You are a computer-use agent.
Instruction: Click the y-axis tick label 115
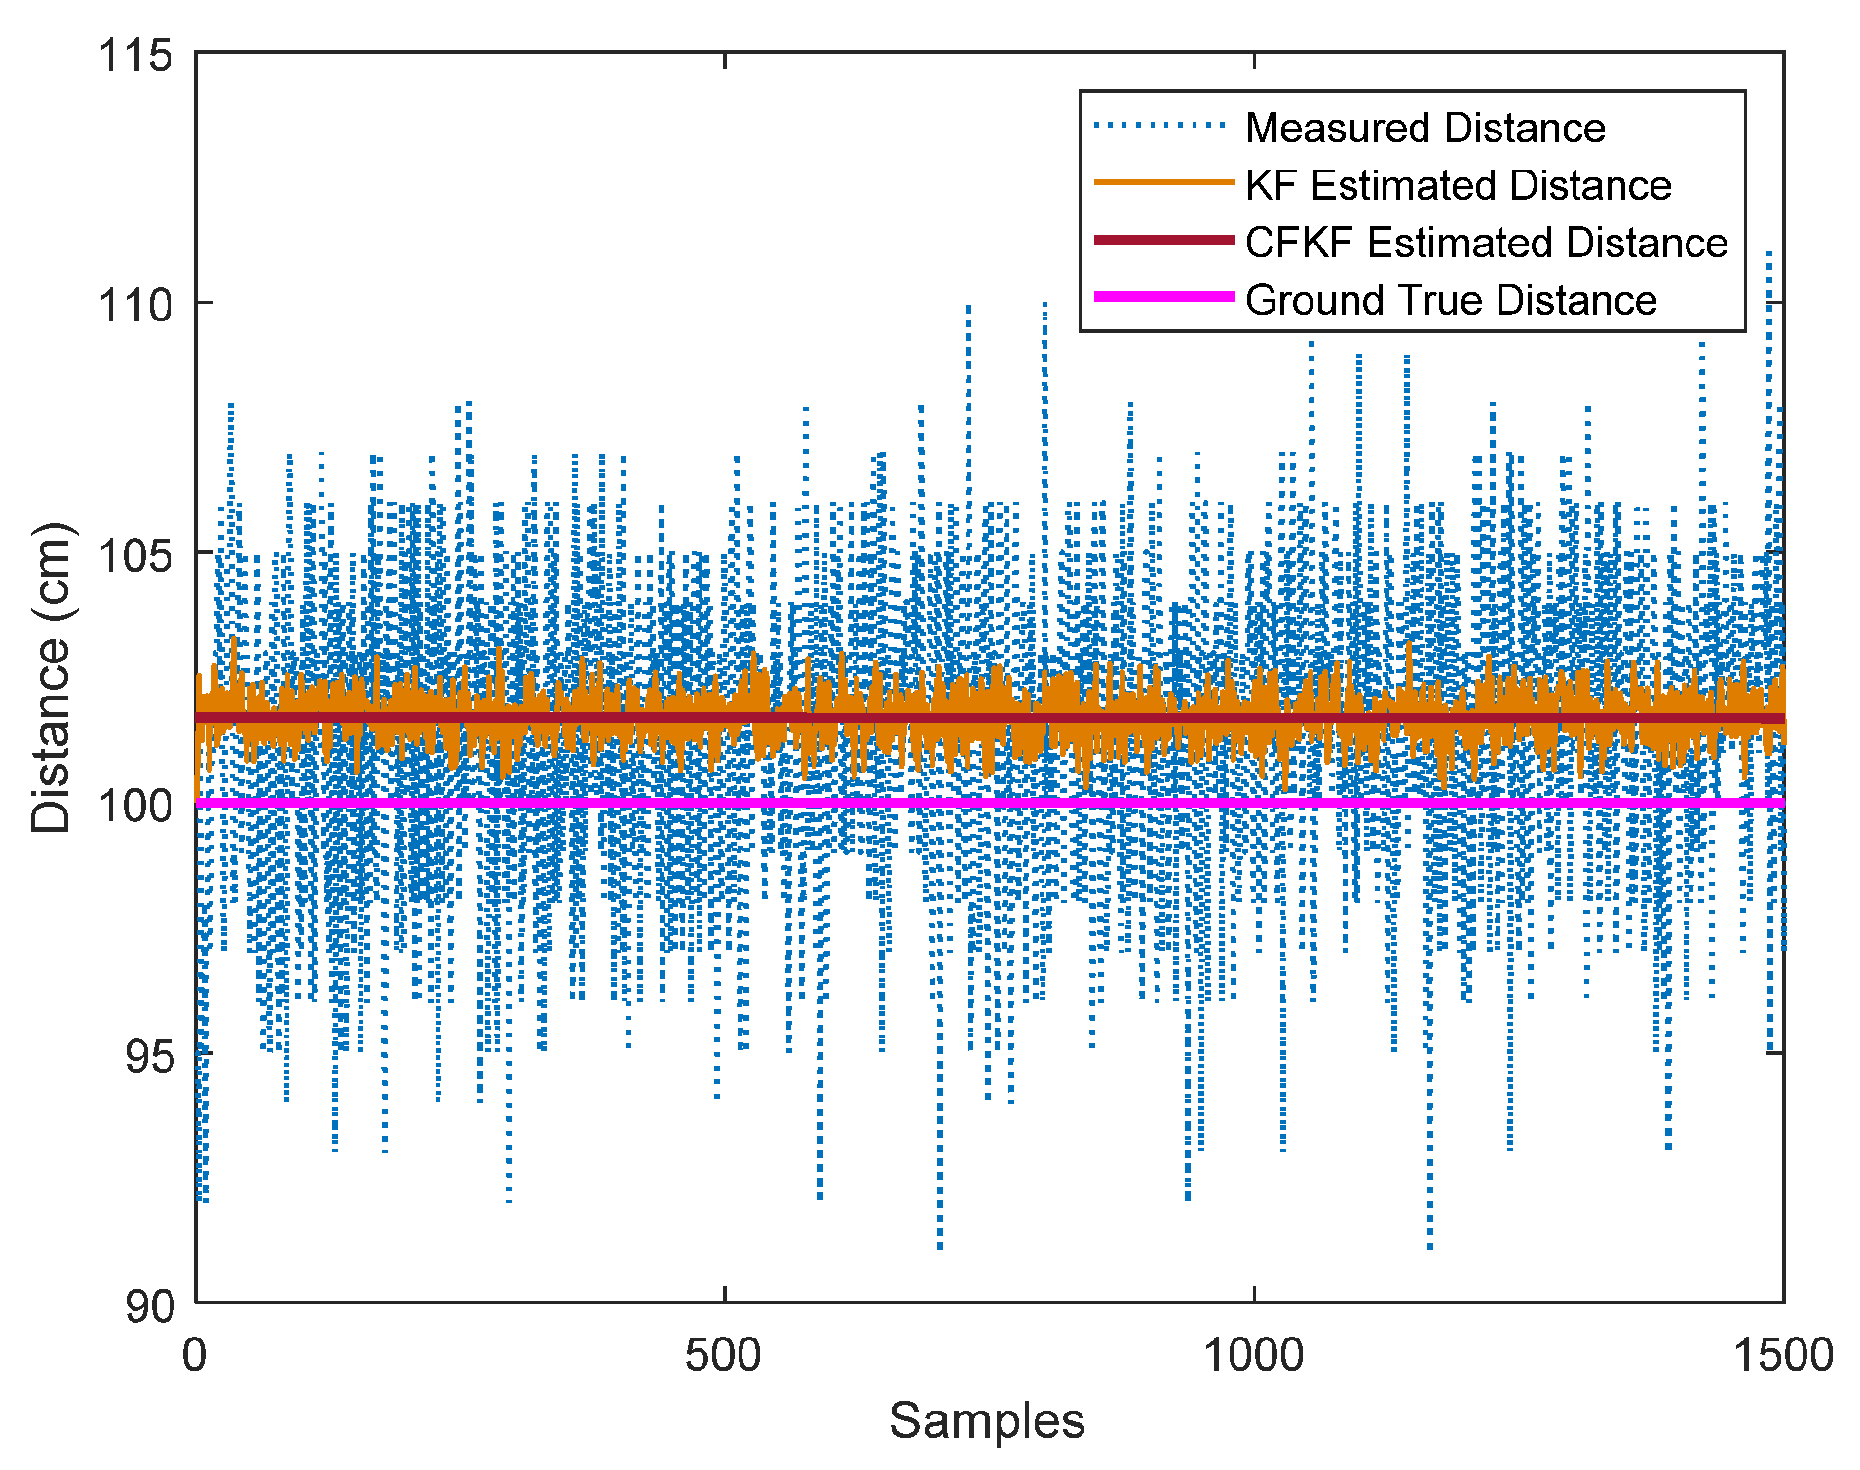coord(134,56)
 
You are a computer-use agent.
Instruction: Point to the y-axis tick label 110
coord(134,306)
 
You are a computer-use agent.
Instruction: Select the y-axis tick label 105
coord(134,556)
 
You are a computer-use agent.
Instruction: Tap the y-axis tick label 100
coord(134,806)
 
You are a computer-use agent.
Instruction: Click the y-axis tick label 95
coord(148,1056)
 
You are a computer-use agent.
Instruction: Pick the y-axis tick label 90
coord(148,1306)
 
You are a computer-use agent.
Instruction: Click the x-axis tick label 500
coord(723,1355)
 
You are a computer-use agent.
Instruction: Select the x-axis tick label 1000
coord(1253,1355)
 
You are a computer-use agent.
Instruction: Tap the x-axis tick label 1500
coord(1782,1355)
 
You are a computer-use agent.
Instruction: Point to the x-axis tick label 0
coord(195,1355)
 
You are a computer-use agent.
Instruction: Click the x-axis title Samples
coord(987,1420)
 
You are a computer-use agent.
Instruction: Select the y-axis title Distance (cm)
coord(52,678)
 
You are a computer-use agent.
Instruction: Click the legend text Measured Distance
coord(1424,128)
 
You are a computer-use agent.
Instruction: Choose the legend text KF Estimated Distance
coord(1458,185)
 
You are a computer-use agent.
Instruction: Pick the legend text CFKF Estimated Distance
coord(1486,243)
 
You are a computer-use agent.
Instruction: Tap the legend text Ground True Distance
coord(1451,300)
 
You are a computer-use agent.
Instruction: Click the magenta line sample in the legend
coord(1163,297)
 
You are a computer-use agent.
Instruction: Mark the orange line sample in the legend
coord(1163,182)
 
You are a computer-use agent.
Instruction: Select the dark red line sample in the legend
coord(1163,240)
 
